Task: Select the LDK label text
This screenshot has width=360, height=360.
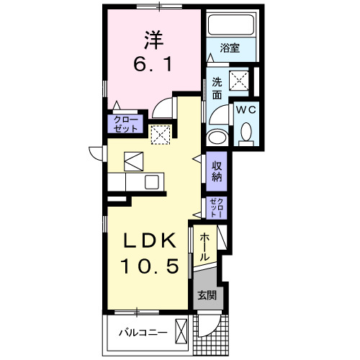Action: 150,240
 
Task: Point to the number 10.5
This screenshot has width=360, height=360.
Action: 150,266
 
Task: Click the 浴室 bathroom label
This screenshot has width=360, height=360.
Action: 230,50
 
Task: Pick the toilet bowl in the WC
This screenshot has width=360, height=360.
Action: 246,132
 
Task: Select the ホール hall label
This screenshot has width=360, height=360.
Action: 204,246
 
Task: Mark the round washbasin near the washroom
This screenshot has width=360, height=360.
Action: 216,138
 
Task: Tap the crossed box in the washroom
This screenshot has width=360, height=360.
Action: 238,80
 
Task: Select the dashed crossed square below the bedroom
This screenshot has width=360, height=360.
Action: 159,135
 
